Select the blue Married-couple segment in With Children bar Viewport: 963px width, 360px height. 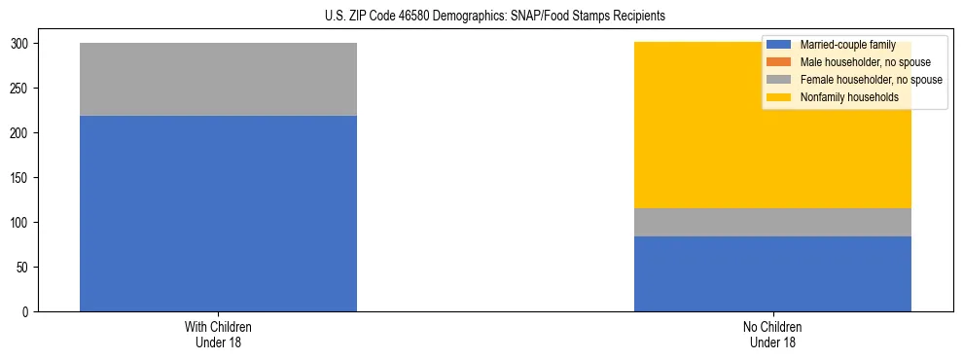tap(218, 213)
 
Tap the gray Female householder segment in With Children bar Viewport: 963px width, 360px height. tap(218, 79)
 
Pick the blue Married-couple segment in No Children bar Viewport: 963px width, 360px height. tap(772, 273)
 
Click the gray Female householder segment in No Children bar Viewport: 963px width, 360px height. tap(772, 222)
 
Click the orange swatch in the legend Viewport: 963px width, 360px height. tap(778, 62)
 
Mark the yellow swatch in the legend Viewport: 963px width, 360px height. tap(778, 97)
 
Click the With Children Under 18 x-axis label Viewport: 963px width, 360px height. tap(218, 334)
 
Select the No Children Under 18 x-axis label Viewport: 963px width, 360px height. tap(772, 334)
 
